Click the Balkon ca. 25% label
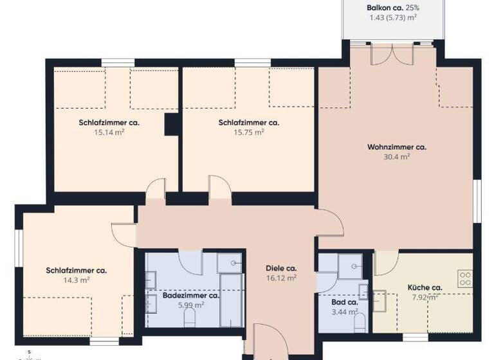click(393, 8)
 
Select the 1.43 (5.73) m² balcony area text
click(393, 18)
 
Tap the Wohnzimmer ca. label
click(396, 147)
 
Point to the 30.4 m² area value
click(396, 156)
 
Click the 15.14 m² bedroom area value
click(109, 132)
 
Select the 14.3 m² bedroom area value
click(76, 280)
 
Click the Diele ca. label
click(281, 268)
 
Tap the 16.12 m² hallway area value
click(281, 278)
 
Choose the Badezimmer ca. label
click(191, 296)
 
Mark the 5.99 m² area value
click(191, 305)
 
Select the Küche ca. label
click(425, 287)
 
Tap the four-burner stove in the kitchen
click(464, 279)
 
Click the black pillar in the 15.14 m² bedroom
click(172, 124)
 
